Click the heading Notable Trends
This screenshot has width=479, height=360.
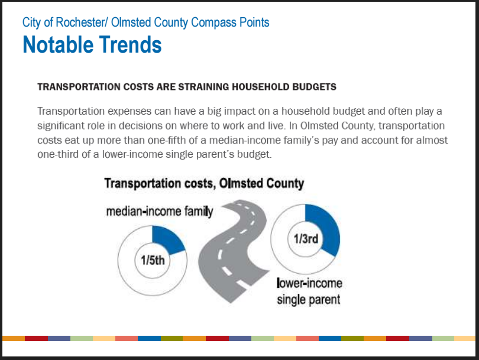click(x=92, y=44)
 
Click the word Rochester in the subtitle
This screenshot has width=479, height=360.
click(x=80, y=22)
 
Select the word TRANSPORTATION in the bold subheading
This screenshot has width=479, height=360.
click(x=79, y=87)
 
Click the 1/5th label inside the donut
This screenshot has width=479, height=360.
click(x=153, y=261)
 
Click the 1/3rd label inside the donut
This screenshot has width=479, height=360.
click(x=306, y=239)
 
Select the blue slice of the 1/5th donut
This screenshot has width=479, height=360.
click(x=167, y=239)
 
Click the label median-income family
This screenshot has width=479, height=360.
click(x=160, y=211)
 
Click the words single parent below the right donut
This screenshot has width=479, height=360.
click(x=309, y=300)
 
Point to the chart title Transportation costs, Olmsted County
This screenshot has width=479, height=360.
click(x=204, y=183)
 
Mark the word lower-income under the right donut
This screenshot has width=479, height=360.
click(x=309, y=283)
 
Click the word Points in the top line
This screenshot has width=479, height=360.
click(x=254, y=22)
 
